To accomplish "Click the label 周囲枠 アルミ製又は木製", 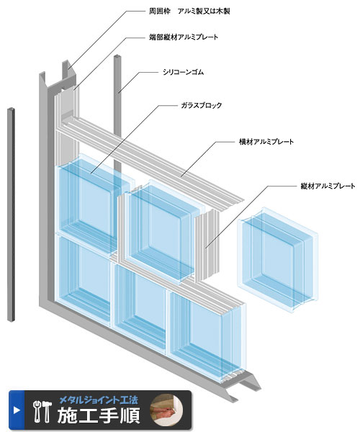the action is pyautogui.click(x=189, y=12).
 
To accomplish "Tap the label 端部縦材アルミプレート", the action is pyautogui.click(x=184, y=37).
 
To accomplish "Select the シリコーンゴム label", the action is pyautogui.click(x=183, y=72).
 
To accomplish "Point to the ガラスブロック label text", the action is pyautogui.click(x=201, y=105).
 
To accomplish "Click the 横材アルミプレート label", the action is pyautogui.click(x=266, y=142).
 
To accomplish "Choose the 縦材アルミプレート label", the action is pyautogui.click(x=328, y=186).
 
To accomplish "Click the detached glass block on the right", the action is pyautogui.click(x=278, y=260).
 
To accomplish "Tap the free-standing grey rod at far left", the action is pyautogui.click(x=11, y=215).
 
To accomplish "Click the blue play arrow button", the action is pyautogui.click(x=17, y=410).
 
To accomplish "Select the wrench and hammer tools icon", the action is pyautogui.click(x=42, y=412).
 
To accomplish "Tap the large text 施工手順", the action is pyautogui.click(x=99, y=415).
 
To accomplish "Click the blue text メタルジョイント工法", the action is pyautogui.click(x=99, y=400).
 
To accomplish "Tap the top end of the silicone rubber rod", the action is pyautogui.click(x=117, y=56).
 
